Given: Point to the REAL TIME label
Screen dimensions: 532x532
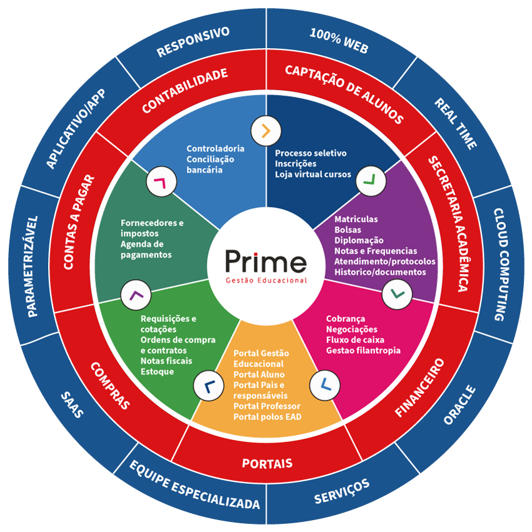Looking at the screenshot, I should pos(456,123).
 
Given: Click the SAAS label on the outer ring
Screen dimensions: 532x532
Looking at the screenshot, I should pos(73,406).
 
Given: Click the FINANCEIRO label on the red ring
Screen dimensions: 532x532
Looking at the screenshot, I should pos(419,388).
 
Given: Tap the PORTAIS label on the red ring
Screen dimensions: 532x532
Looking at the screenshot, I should pos(267,464).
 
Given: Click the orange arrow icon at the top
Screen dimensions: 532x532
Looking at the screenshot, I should pos(266,131).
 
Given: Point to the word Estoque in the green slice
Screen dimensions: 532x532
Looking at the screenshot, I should pos(157,371).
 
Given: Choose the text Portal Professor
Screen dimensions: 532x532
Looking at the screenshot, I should pos(267,406).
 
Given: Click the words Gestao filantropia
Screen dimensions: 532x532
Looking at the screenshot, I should pos(363,350).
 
